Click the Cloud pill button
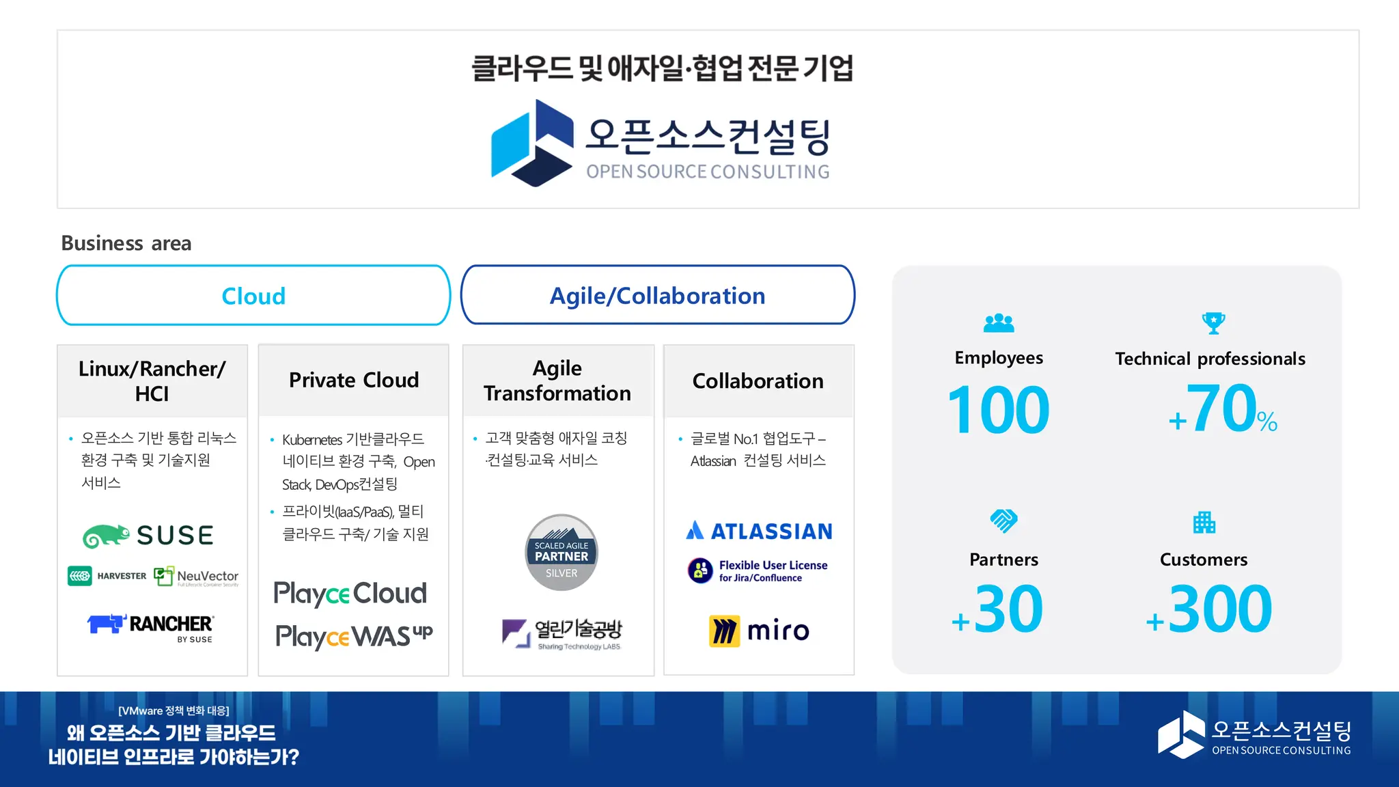click(x=253, y=296)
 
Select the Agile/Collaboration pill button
click(x=657, y=295)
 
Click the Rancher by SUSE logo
click(x=151, y=627)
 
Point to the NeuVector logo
click(x=197, y=577)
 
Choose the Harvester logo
click(x=107, y=576)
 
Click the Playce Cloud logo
click(x=350, y=593)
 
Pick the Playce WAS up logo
click(x=354, y=636)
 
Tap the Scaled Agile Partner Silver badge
click(x=562, y=553)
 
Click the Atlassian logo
click(x=759, y=531)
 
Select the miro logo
click(x=759, y=631)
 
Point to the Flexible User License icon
click(x=700, y=570)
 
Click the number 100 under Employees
click(x=998, y=410)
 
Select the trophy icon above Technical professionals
click(x=1213, y=322)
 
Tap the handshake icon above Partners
click(x=1003, y=521)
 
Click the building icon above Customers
click(x=1204, y=523)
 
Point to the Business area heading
click(x=126, y=243)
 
